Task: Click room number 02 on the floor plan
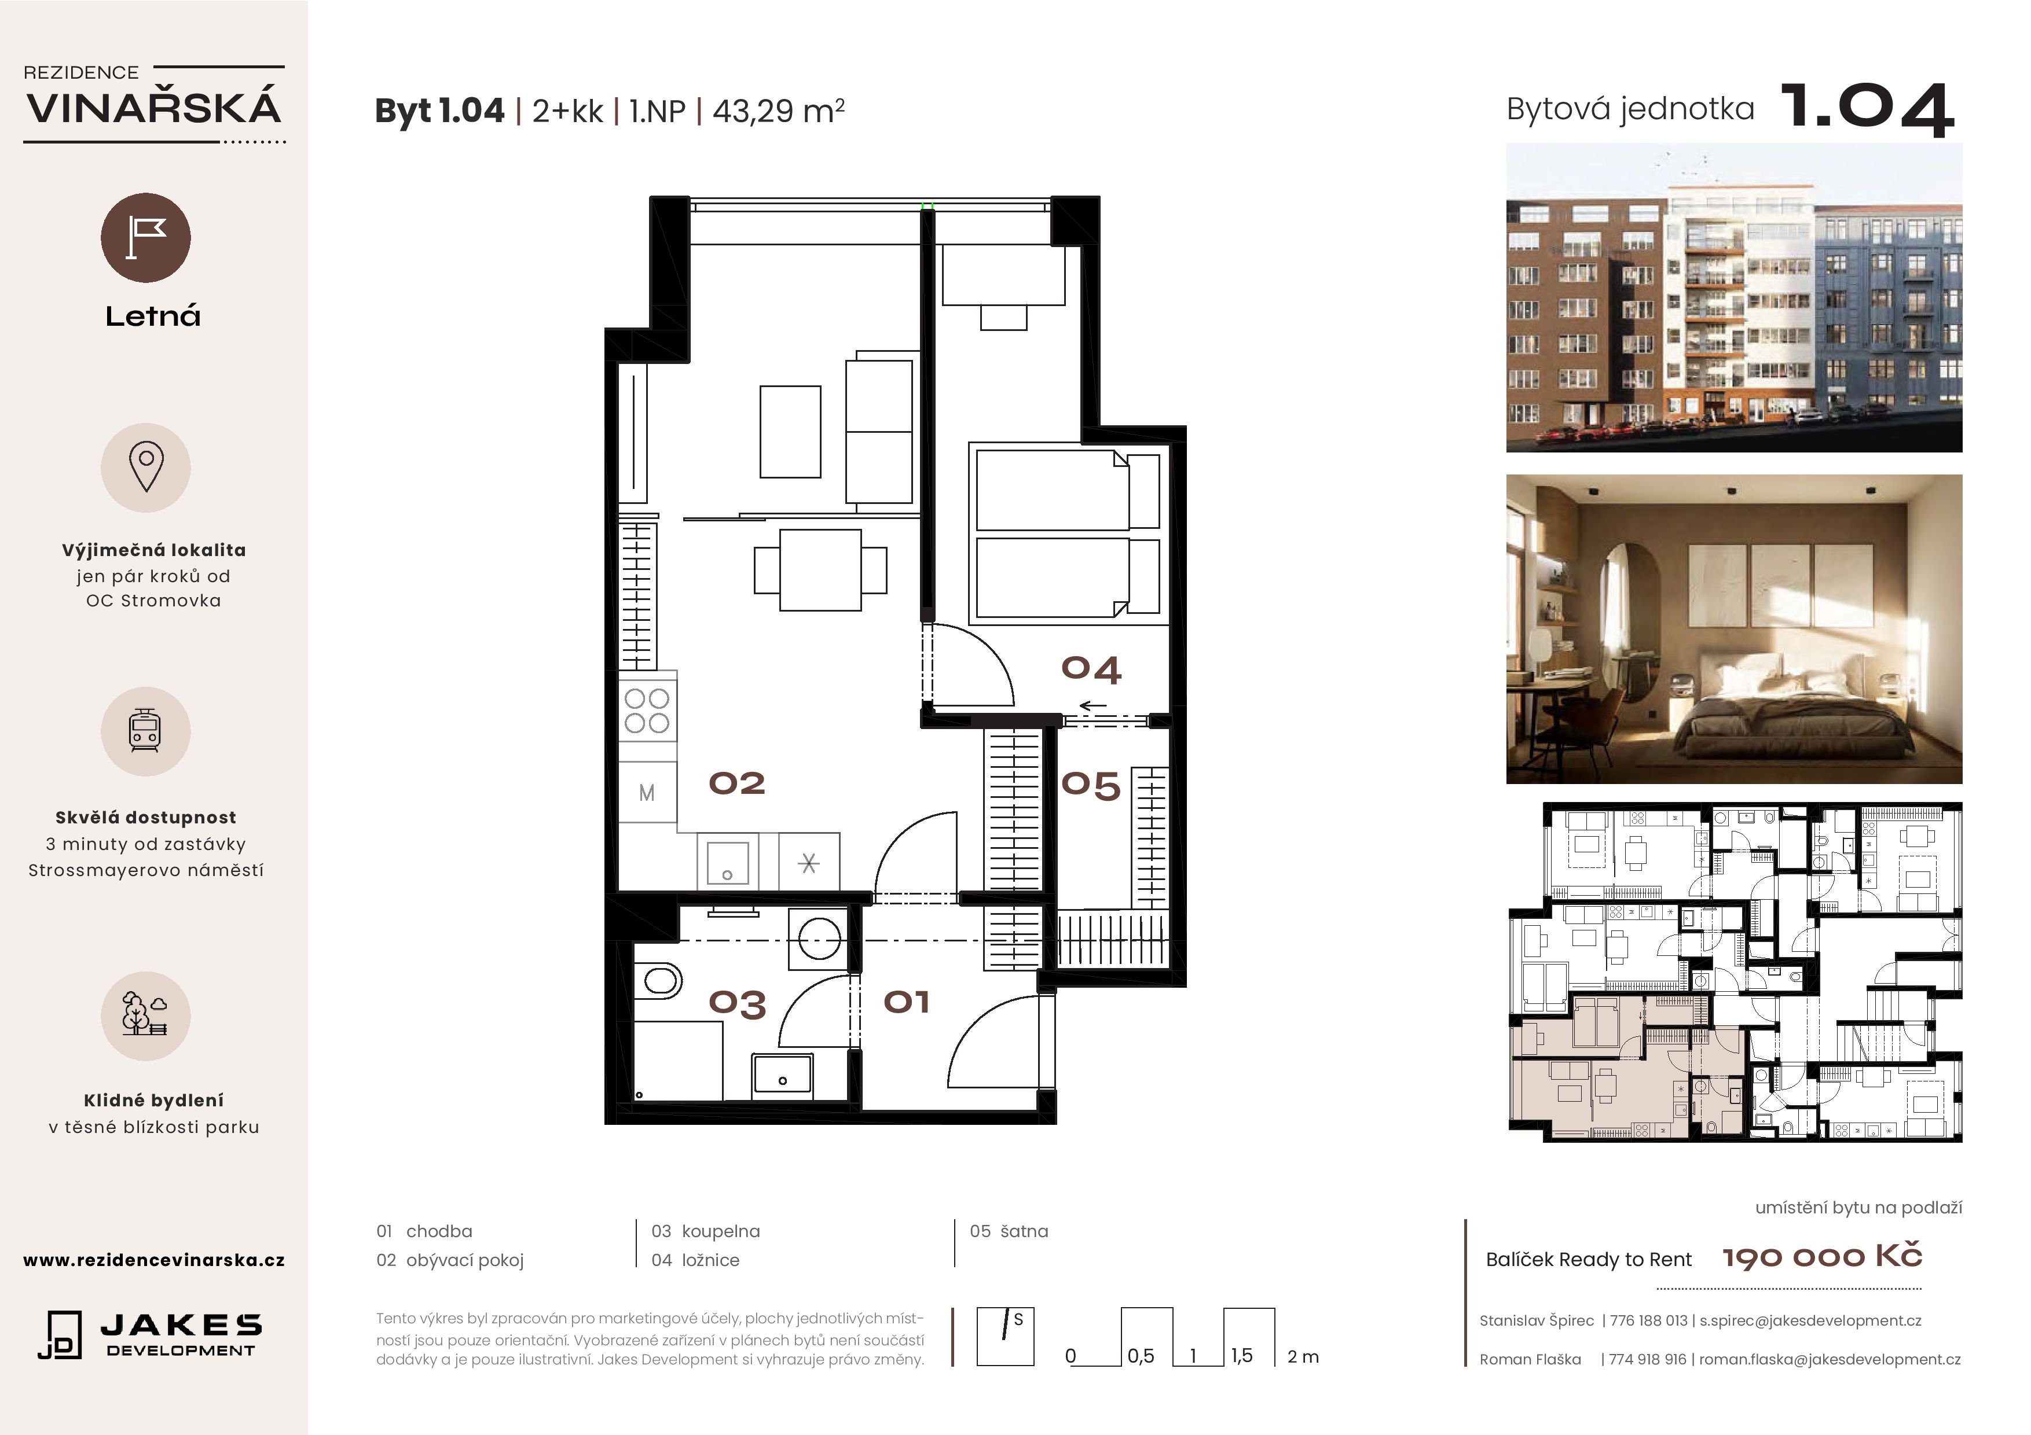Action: coord(737,783)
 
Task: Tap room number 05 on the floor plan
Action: coord(1091,785)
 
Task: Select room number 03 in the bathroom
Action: coord(737,1003)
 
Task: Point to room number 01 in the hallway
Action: coord(907,1002)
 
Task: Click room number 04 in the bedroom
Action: coord(1091,669)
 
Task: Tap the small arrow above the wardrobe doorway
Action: coord(1093,705)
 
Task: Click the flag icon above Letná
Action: coord(146,238)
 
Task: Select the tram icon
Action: coord(145,731)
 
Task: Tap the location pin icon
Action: coord(146,467)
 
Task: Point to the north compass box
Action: coord(1005,1337)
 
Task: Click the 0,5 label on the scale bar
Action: coord(1140,1355)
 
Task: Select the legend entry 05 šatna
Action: coord(1009,1231)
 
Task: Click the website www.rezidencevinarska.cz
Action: coord(154,1260)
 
